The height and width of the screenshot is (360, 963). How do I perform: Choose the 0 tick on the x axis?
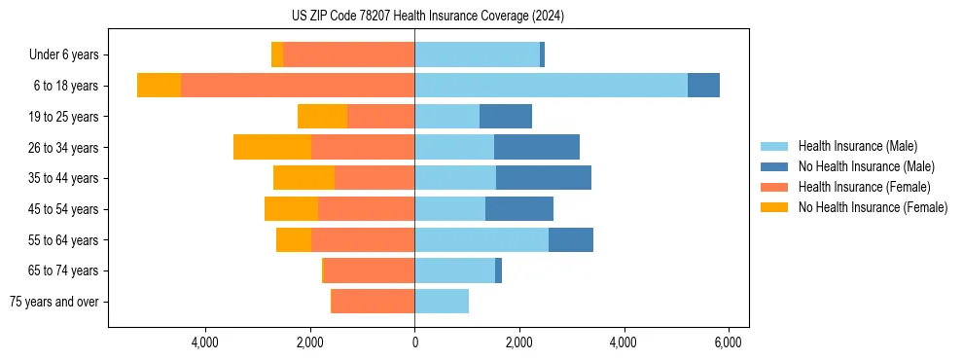coord(414,342)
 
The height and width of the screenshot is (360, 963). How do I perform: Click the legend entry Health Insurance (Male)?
coord(857,146)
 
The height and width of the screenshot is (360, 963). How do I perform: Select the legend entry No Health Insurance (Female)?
coord(872,207)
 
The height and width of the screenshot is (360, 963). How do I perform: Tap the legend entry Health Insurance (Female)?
coord(864,187)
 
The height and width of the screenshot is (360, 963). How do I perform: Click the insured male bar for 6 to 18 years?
coord(551,86)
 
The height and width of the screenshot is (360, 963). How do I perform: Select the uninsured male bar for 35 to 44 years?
coord(544,178)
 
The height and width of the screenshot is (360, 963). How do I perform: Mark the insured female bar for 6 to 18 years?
coord(298,86)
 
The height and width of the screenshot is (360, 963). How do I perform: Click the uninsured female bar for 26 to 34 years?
coord(272,147)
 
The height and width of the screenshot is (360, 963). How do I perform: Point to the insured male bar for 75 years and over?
coord(442,302)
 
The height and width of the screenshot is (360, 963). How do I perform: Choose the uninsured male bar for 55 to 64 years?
coord(571,239)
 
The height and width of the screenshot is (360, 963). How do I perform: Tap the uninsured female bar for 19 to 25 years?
coord(322,116)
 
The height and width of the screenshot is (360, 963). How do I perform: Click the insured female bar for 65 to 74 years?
coord(370,270)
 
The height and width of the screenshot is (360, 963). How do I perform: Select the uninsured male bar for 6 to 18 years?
coord(703,86)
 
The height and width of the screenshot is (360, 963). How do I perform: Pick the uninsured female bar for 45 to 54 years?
coord(291,208)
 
